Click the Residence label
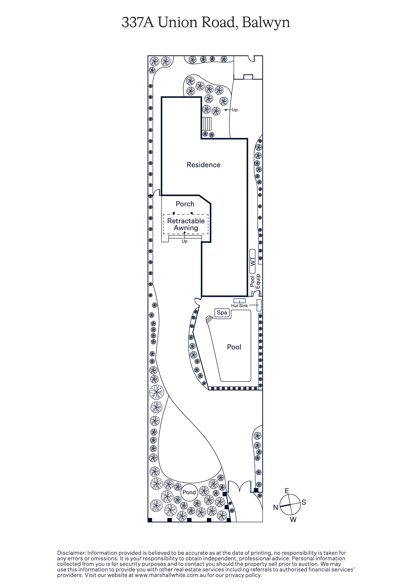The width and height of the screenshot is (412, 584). point(204,165)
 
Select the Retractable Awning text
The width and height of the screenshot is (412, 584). point(186,224)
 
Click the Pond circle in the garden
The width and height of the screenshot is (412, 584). point(189,492)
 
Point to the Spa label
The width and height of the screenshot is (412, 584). point(222,312)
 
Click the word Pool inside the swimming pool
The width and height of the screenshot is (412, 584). point(234,347)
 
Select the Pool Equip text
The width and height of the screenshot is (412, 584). point(255,282)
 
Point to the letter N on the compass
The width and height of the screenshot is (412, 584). point(276,507)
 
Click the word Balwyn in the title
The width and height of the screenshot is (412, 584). point(266,23)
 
